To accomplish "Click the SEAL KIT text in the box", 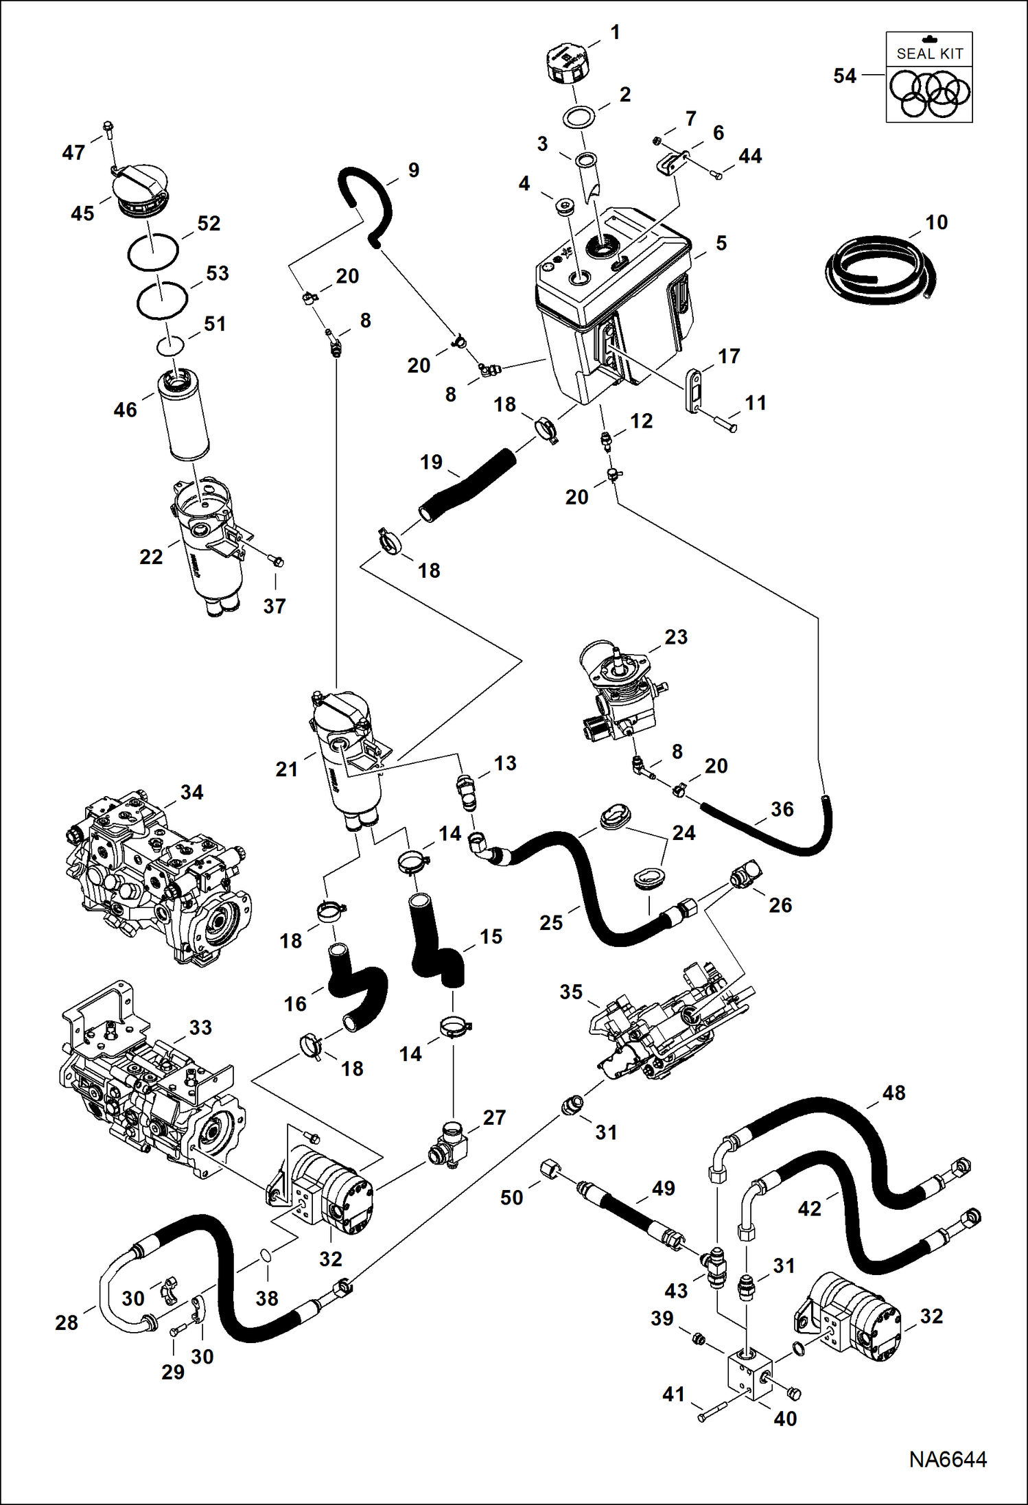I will click(929, 54).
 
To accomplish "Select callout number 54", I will click(845, 75).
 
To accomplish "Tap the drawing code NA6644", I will click(948, 1460).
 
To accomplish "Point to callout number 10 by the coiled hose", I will click(936, 222).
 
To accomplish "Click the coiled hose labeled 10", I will click(880, 270).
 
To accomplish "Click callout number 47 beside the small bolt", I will click(73, 152).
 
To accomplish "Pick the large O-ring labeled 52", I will click(153, 252).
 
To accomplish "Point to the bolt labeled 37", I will click(276, 561).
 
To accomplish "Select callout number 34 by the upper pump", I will click(191, 792).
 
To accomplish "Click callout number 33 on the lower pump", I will click(200, 1027).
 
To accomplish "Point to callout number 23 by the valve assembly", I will click(675, 637).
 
